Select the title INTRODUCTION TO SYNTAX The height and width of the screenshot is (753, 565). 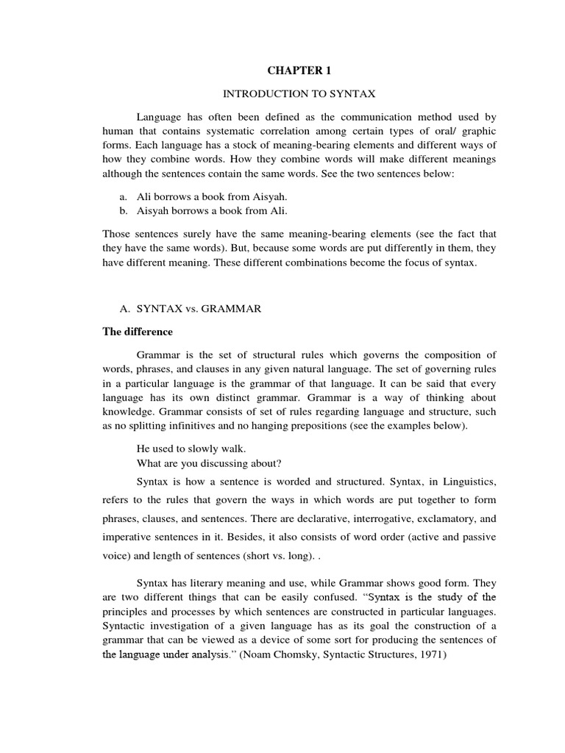pos(299,94)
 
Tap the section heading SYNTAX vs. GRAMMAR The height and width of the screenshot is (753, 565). pos(199,310)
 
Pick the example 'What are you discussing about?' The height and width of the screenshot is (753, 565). pos(209,463)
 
